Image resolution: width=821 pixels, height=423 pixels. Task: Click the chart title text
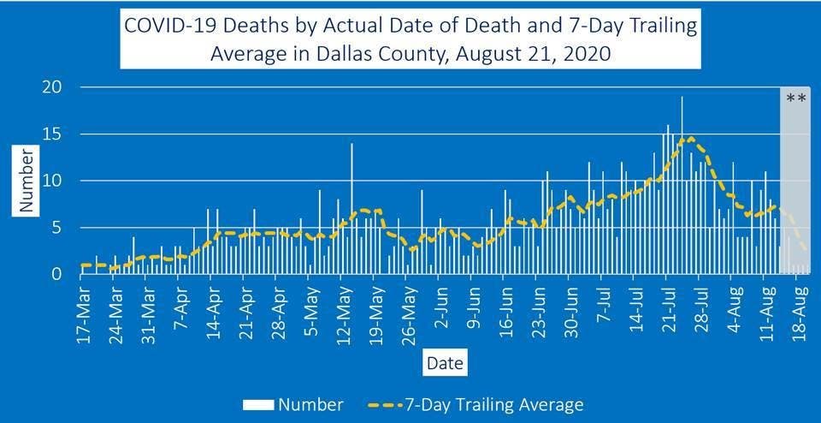pyautogui.click(x=410, y=39)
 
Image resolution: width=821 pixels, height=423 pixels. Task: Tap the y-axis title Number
pyautogui.click(x=26, y=181)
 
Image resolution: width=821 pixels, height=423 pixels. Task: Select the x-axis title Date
pyautogui.click(x=445, y=364)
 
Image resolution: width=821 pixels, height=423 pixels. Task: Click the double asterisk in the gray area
pyautogui.click(x=795, y=98)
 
